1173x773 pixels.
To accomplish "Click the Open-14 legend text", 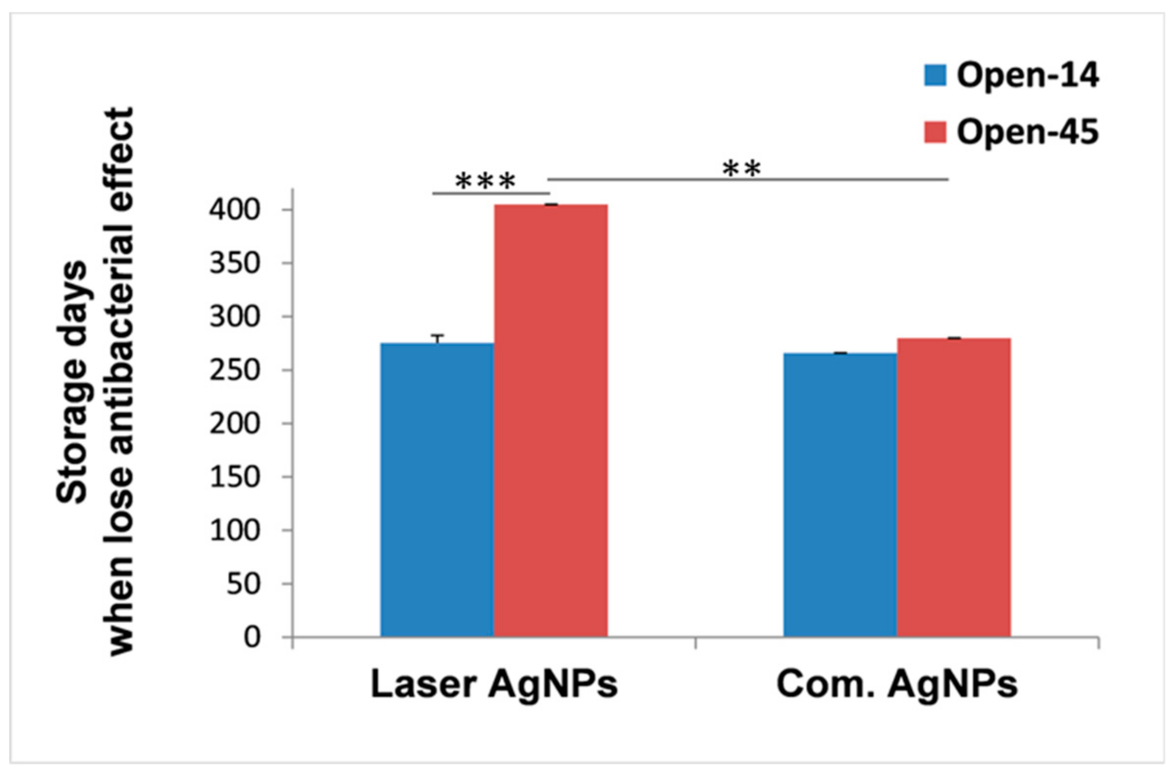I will click(x=1027, y=76).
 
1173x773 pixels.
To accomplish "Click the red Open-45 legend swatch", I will click(x=935, y=132).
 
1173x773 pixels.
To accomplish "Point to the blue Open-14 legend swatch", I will click(x=935, y=76).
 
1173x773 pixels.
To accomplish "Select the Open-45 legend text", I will click(x=1027, y=132).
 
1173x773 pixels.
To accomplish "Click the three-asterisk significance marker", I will click(x=486, y=182).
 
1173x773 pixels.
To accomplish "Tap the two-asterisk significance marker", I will click(x=742, y=169).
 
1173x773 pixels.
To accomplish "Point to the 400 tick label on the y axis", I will click(x=235, y=211).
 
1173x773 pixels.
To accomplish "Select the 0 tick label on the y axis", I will click(x=251, y=638).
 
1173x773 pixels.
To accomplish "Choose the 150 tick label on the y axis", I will click(x=235, y=477).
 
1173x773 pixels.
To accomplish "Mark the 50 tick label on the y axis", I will click(x=242, y=584).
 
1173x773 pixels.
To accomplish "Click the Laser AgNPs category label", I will click(x=494, y=684).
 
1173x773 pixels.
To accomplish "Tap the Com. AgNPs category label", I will click(x=897, y=684).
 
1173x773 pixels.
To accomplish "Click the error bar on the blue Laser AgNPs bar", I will click(x=437, y=338).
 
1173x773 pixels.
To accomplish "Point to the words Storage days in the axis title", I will click(x=72, y=382).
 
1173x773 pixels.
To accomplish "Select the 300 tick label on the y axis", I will click(x=235, y=317).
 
